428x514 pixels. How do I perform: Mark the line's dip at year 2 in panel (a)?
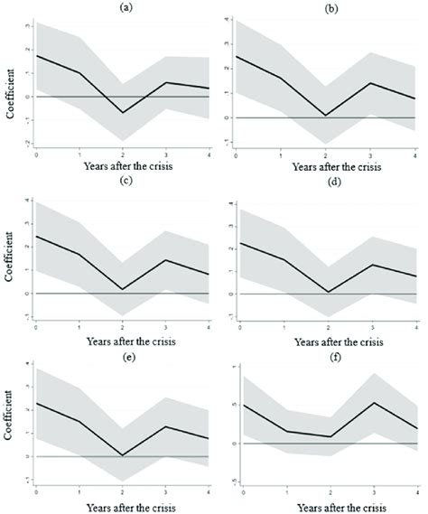coord(123,113)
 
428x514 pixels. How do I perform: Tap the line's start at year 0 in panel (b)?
coord(237,56)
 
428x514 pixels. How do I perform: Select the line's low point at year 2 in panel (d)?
coord(328,292)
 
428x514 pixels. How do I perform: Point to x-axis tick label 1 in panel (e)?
coord(79,491)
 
